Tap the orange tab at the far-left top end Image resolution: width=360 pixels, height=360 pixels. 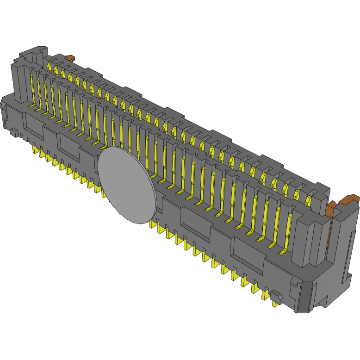pyautogui.click(x=70, y=58)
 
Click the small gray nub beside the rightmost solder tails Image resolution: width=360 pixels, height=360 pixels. pyautogui.click(x=277, y=297)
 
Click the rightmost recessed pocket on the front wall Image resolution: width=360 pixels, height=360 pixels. pyautogui.click(x=247, y=255)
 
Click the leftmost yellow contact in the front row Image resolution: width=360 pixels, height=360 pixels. pyautogui.click(x=33, y=88)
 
